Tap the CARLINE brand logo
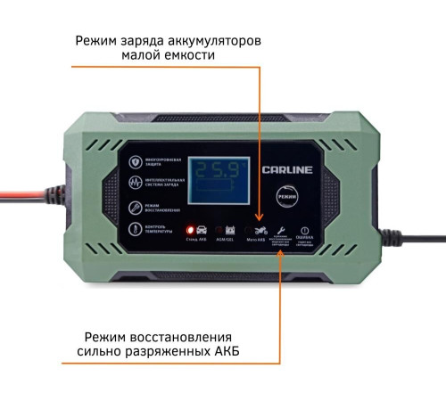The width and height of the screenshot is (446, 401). [x=285, y=168]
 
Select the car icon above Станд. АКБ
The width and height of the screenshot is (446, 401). [x=202, y=229]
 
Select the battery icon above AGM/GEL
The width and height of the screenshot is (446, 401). [x=229, y=229]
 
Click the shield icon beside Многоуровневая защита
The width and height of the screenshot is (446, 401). [x=135, y=163]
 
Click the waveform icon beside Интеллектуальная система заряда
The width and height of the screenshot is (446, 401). [x=135, y=185]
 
